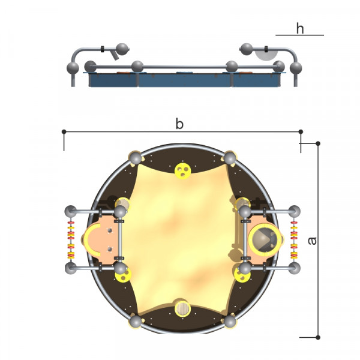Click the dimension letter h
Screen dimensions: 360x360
click(300, 28)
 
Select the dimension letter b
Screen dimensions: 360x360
click(179, 124)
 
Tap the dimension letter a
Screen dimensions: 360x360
click(312, 241)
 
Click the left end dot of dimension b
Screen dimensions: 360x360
click(64, 131)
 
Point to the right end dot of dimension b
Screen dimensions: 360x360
click(301, 131)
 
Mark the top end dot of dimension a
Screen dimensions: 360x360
click(318, 143)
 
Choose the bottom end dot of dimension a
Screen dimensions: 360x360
click(318, 337)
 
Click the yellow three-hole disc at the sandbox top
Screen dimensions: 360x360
click(183, 171)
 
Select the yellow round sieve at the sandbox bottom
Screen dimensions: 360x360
click(182, 308)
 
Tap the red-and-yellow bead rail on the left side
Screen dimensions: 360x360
click(71, 239)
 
